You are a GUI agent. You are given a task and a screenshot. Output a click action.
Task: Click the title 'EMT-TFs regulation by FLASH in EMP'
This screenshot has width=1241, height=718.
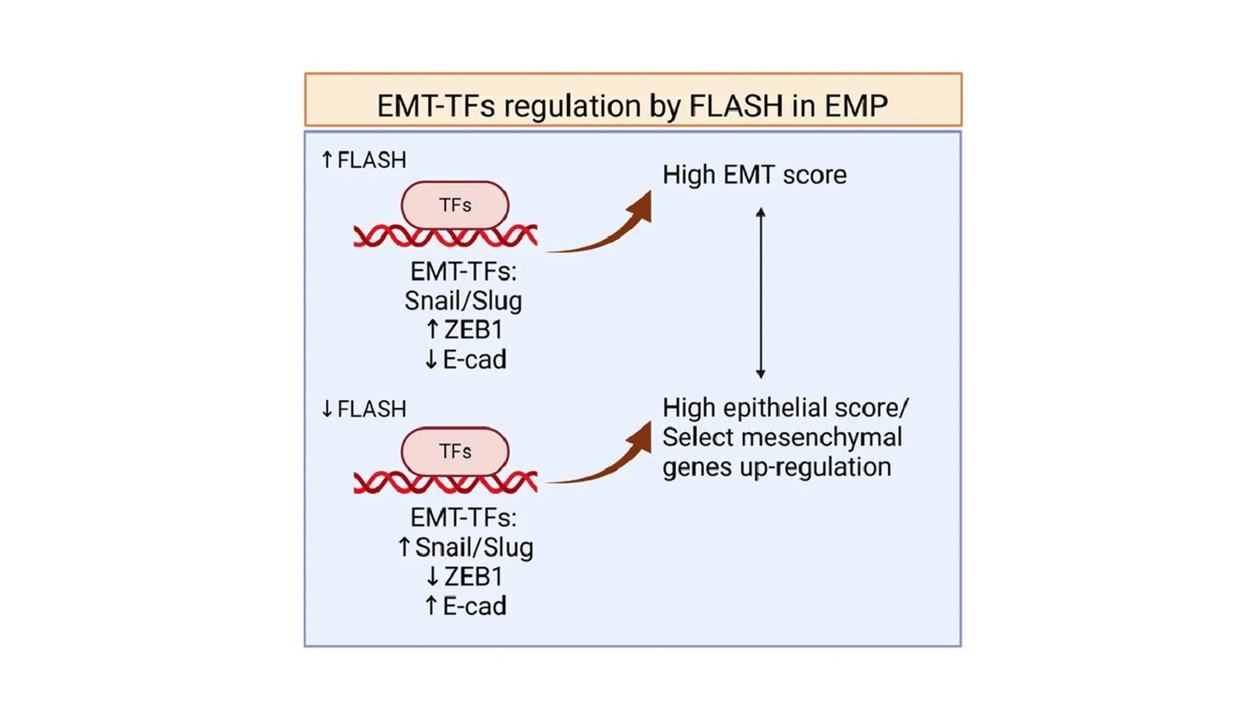[632, 105]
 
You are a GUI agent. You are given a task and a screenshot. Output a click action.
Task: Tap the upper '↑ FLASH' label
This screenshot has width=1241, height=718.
[364, 161]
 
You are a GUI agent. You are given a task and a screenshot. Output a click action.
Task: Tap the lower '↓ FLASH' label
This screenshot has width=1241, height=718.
[364, 409]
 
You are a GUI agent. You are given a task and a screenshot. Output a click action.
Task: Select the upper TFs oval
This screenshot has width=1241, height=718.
[455, 205]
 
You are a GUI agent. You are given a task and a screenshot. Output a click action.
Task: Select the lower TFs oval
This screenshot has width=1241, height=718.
[455, 451]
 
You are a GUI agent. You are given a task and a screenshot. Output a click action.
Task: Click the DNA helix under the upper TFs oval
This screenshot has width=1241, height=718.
[445, 236]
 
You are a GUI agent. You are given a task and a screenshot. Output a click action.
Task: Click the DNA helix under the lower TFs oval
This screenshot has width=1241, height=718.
[445, 483]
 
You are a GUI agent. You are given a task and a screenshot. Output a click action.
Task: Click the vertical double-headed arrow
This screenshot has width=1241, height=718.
[761, 293]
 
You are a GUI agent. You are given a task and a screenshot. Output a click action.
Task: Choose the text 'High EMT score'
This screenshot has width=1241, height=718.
[754, 175]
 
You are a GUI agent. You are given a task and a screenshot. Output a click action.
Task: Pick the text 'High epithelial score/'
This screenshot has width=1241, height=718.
[785, 408]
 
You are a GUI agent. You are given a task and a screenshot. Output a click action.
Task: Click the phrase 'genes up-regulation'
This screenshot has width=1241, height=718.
[776, 468]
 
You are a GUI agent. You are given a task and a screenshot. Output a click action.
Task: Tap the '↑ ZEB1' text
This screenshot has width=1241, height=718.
[464, 330]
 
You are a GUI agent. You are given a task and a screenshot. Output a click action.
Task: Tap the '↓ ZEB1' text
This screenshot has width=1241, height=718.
[464, 577]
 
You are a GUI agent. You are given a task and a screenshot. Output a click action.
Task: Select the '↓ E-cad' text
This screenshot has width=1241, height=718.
[465, 360]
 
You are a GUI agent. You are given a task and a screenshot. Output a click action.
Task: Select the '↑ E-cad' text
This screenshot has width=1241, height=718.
[465, 606]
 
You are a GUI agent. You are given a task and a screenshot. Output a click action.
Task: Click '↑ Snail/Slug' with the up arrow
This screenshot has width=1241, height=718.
[465, 547]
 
